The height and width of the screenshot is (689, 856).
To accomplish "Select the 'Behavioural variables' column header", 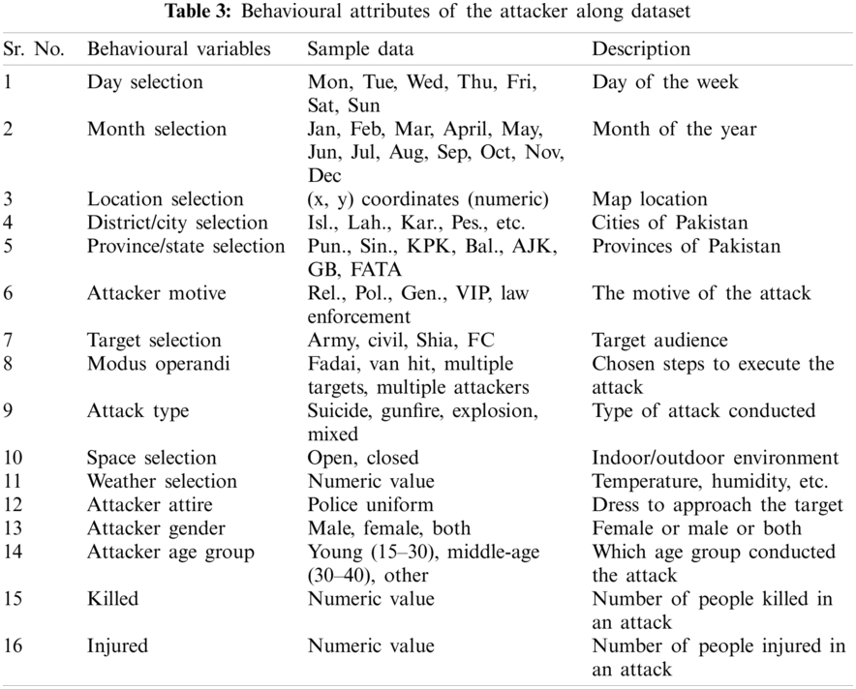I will coord(178,49).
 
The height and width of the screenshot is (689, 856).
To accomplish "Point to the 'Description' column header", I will coord(641,49).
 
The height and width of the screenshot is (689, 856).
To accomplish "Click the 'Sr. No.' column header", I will coord(34,49).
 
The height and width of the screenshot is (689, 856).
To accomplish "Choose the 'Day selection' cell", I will coord(145,82).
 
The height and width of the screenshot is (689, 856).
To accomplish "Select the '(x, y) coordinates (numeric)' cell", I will coord(428,199).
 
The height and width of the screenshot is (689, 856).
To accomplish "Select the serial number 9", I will coord(9,411).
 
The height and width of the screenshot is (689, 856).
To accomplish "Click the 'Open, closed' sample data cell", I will coord(363,458).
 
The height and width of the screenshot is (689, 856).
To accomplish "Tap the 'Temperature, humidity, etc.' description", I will coord(710,481).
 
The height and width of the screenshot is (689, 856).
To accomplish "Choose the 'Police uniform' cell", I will coord(370,505).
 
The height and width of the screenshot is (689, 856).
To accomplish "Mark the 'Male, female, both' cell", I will coord(389,528).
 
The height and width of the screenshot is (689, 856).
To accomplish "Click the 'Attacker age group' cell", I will coord(170,552).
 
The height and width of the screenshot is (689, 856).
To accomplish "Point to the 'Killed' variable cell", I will coord(112,599).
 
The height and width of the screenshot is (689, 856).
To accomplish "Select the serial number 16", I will coord(13,645).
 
